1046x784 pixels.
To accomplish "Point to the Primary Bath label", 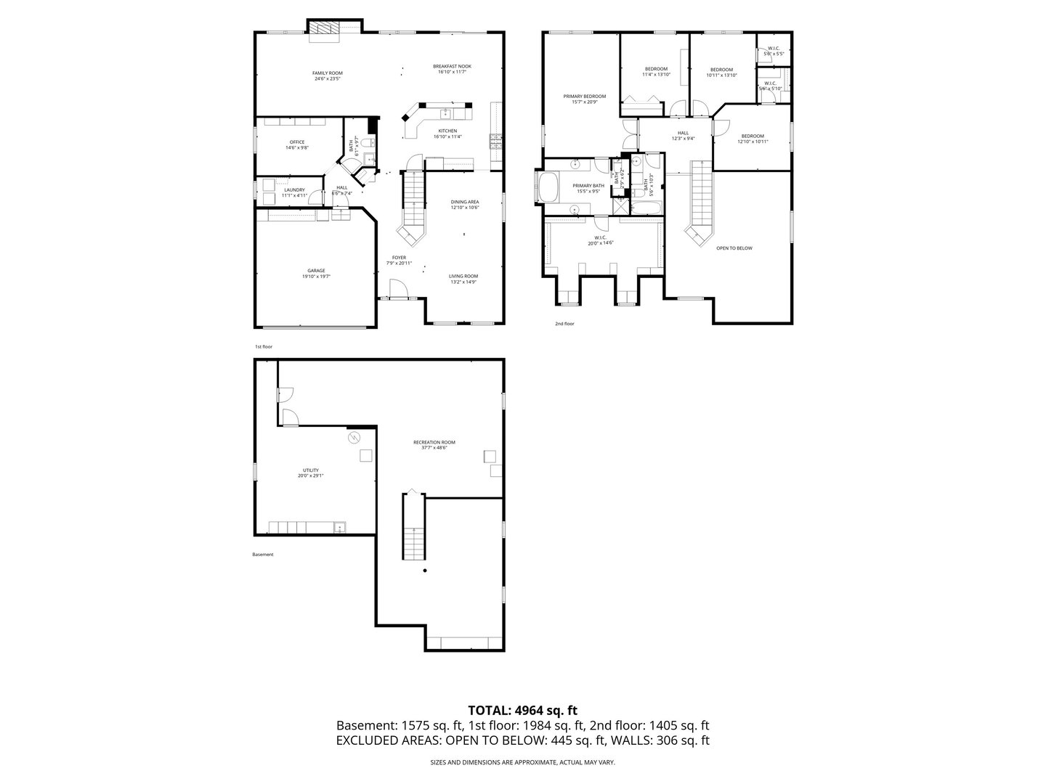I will click(x=588, y=187).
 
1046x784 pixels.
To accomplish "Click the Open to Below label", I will click(x=734, y=248).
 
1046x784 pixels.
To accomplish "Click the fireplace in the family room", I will click(x=324, y=29).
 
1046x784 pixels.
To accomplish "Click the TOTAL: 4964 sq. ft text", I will click(x=522, y=710).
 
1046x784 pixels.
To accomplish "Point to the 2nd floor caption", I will click(x=564, y=324).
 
